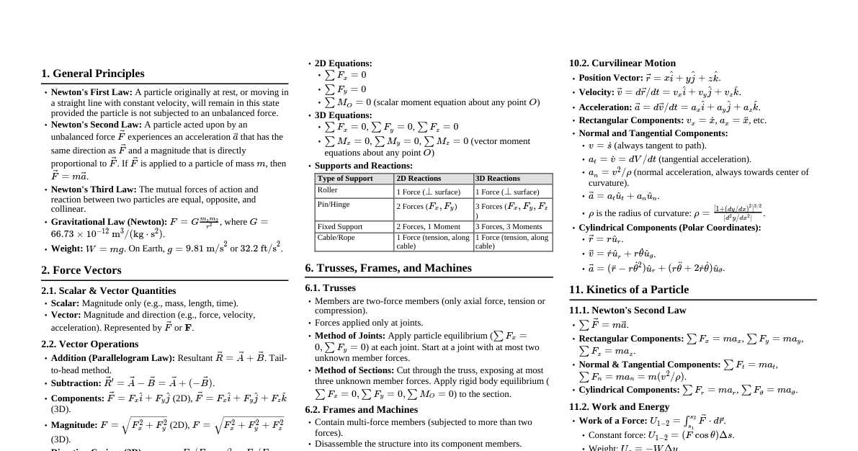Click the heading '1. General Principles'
[x=92, y=73]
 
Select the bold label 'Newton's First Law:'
[x=91, y=92]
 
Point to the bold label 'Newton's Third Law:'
[x=94, y=189]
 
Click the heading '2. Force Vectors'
[x=81, y=270]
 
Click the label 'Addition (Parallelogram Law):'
[x=113, y=358]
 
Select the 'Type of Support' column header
[x=345, y=179]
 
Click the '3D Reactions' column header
[x=498, y=179]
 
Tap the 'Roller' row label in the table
[x=328, y=191]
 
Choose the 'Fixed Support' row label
[x=340, y=227]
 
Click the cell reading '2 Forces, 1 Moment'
[x=429, y=227]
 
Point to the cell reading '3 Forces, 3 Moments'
[x=509, y=227]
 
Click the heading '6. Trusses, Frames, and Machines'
[x=388, y=268]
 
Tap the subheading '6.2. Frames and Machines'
[x=361, y=410]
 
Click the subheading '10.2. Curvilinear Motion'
[x=622, y=63]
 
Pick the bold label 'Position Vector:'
[x=611, y=78]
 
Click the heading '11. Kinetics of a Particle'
[x=629, y=290]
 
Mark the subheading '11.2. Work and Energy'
[x=619, y=407]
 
